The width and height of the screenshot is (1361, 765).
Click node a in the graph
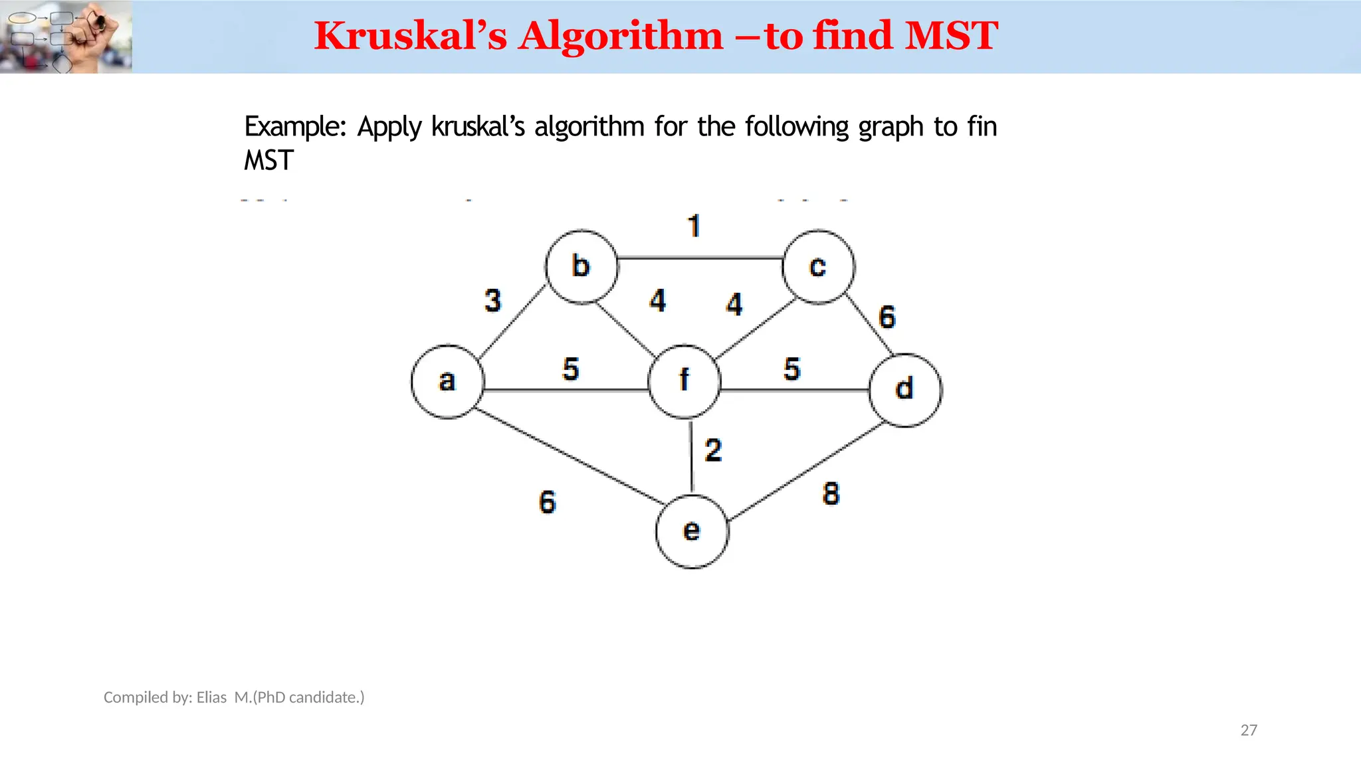click(447, 382)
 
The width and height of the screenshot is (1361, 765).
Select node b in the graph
click(581, 267)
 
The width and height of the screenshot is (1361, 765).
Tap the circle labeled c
click(818, 267)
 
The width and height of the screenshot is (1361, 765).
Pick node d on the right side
click(905, 390)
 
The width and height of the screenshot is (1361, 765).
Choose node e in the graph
click(692, 531)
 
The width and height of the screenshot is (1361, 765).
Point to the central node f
click(684, 382)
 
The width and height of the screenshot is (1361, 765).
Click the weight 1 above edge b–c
click(694, 226)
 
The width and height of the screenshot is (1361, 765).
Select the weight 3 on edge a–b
click(492, 301)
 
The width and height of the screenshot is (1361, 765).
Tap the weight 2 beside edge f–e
click(713, 451)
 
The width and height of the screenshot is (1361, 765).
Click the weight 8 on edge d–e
click(831, 494)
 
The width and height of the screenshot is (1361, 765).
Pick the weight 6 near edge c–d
click(887, 317)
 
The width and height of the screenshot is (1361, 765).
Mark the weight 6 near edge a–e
click(547, 502)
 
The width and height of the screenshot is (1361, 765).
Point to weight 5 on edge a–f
click(570, 369)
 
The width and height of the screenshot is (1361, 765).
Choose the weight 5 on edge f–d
click(791, 369)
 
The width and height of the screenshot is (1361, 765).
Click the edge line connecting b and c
click(700, 258)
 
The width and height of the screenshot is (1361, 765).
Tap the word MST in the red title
click(951, 36)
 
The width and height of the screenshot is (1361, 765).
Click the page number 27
click(1249, 730)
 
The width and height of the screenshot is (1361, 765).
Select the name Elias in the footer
click(211, 697)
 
